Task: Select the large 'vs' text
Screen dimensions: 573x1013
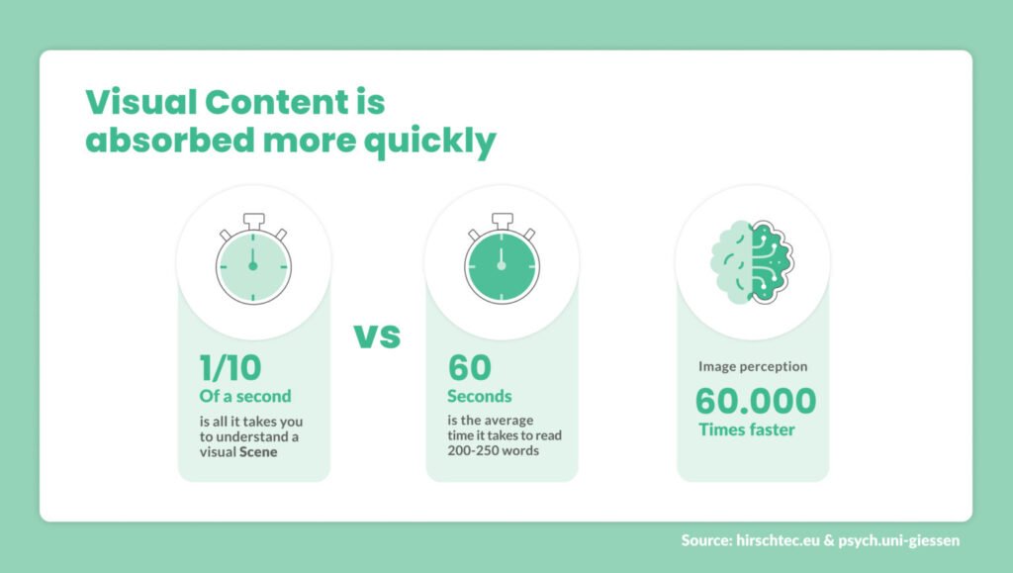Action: tap(377, 336)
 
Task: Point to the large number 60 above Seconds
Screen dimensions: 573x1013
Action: tap(469, 367)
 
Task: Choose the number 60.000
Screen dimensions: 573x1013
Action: tap(756, 401)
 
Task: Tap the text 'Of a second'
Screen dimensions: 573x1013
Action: tap(245, 396)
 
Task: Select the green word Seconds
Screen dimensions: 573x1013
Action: tap(480, 396)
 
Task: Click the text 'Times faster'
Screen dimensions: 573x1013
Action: tap(747, 430)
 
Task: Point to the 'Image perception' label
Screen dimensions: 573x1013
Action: tap(753, 366)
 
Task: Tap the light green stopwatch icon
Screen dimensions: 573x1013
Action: tap(253, 263)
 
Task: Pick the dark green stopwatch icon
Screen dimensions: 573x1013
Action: tap(502, 263)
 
